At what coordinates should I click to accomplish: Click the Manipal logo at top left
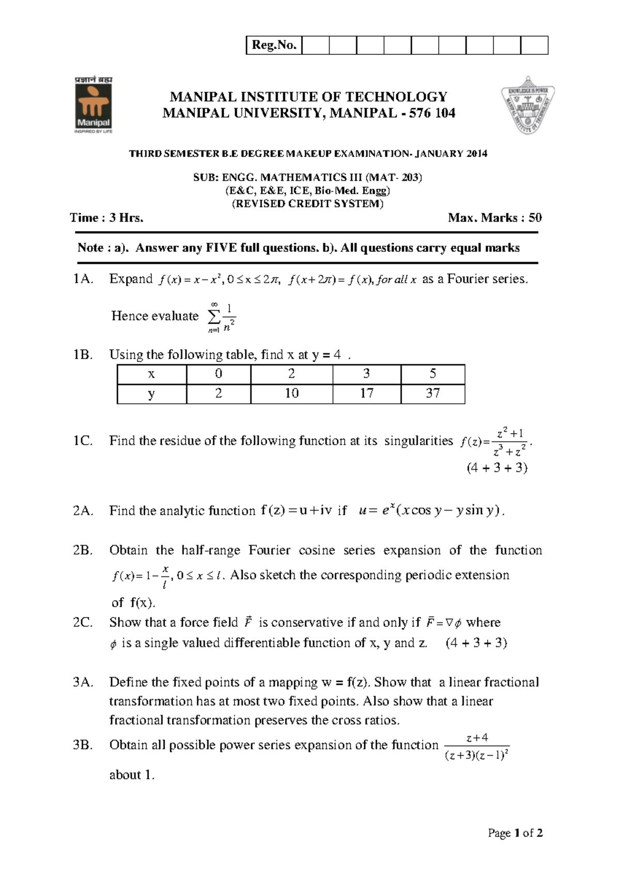tap(93, 105)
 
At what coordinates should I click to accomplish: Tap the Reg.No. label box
tap(273, 45)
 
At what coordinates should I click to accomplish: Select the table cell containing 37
tap(432, 393)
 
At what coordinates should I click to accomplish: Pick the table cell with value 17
tap(366, 393)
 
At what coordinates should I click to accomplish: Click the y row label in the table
tap(151, 393)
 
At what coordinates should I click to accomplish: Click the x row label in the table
tap(151, 374)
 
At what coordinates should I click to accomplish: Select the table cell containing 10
tap(291, 393)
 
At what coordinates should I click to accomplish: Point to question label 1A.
tap(83, 280)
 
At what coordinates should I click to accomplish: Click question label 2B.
tap(83, 550)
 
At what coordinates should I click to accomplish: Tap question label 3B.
tap(83, 745)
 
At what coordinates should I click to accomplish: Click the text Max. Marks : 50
tap(494, 218)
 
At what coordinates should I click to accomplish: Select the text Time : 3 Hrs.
tap(107, 218)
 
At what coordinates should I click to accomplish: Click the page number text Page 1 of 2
tap(515, 833)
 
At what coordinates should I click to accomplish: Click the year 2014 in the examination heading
tap(476, 154)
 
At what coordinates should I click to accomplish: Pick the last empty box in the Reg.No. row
tap(534, 45)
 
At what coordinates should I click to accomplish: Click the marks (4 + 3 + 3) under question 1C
tap(497, 468)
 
